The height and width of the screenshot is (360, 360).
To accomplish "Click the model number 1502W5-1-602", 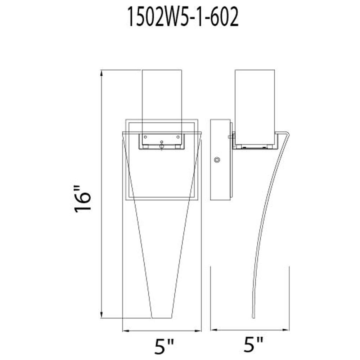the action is (x=183, y=17).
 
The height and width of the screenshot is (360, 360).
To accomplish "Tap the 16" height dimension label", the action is (x=83, y=199).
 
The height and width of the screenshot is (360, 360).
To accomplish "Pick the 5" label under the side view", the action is (x=253, y=345).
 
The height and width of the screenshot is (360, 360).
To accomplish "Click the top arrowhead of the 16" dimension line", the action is (x=102, y=73).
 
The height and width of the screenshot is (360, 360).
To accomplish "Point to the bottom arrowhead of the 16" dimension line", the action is (x=102, y=315).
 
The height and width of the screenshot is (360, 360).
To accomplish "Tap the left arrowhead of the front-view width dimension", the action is (x=126, y=330).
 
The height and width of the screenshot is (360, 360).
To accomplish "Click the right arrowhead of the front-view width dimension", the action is (x=198, y=330).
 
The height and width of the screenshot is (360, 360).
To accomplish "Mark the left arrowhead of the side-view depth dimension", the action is (x=214, y=330).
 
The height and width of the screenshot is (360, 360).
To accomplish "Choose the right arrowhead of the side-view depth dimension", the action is (x=286, y=330).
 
